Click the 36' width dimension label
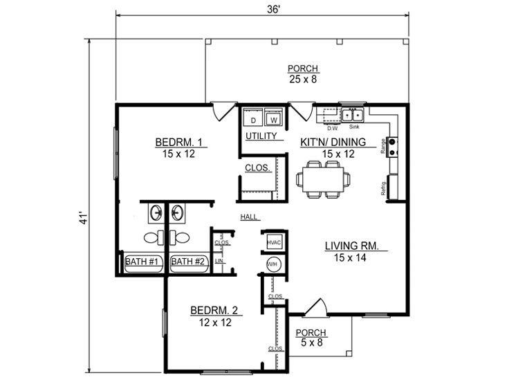pyautogui.click(x=273, y=10)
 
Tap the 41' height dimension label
pyautogui.click(x=84, y=218)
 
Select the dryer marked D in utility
pyautogui.click(x=253, y=117)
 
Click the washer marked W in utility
pyautogui.click(x=274, y=117)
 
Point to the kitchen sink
pyautogui.click(x=353, y=116)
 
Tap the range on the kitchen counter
pyautogui.click(x=392, y=147)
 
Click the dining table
pyautogui.click(x=324, y=179)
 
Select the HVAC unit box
pyautogui.click(x=274, y=242)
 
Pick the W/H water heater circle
pyautogui.click(x=272, y=264)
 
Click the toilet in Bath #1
pyautogui.click(x=154, y=237)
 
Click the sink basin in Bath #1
pyautogui.click(x=156, y=213)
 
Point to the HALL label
pyautogui.click(x=249, y=217)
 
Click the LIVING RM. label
pyautogui.click(x=352, y=246)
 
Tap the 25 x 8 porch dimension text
pyautogui.click(x=303, y=79)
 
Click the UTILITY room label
pyautogui.click(x=261, y=136)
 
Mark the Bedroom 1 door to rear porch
pyautogui.click(x=223, y=111)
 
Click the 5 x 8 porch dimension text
pyautogui.click(x=312, y=343)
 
